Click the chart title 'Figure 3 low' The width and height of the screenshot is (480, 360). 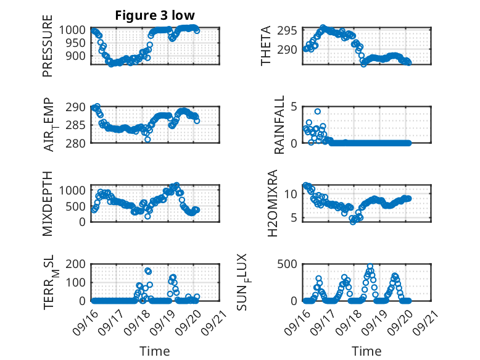coord(155,16)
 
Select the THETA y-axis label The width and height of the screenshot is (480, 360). coord(266,46)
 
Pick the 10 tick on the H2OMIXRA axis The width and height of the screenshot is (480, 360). coord(295,194)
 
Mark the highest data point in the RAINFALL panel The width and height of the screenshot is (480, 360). coord(318,112)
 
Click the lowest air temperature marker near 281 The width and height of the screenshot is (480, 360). coord(147,140)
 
